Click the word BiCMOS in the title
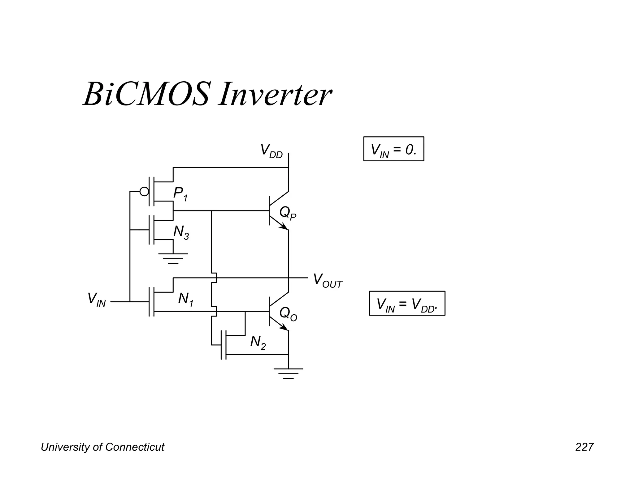coord(145,94)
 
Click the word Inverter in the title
coord(275,94)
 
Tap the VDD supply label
coord(271,151)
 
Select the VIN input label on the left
coord(97,300)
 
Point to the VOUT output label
coord(328,280)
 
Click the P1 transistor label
coord(180,194)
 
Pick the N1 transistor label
coord(186,300)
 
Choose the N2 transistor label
coord(258,343)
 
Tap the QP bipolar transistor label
coord(288,213)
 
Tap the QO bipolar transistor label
coord(288,314)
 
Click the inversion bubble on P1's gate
coord(144,192)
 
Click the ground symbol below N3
coord(173,258)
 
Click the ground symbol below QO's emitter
coord(288,373)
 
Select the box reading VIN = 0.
coord(393,149)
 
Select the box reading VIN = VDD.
coord(407,303)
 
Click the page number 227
coord(584,447)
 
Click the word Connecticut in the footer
coord(135,447)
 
